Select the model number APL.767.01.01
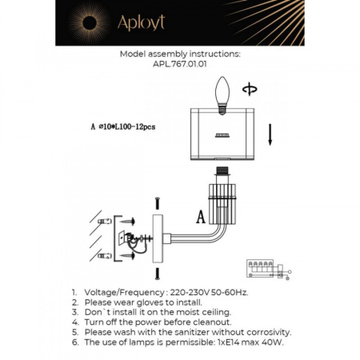coord(179,66)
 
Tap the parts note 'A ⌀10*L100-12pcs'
coord(123,126)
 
